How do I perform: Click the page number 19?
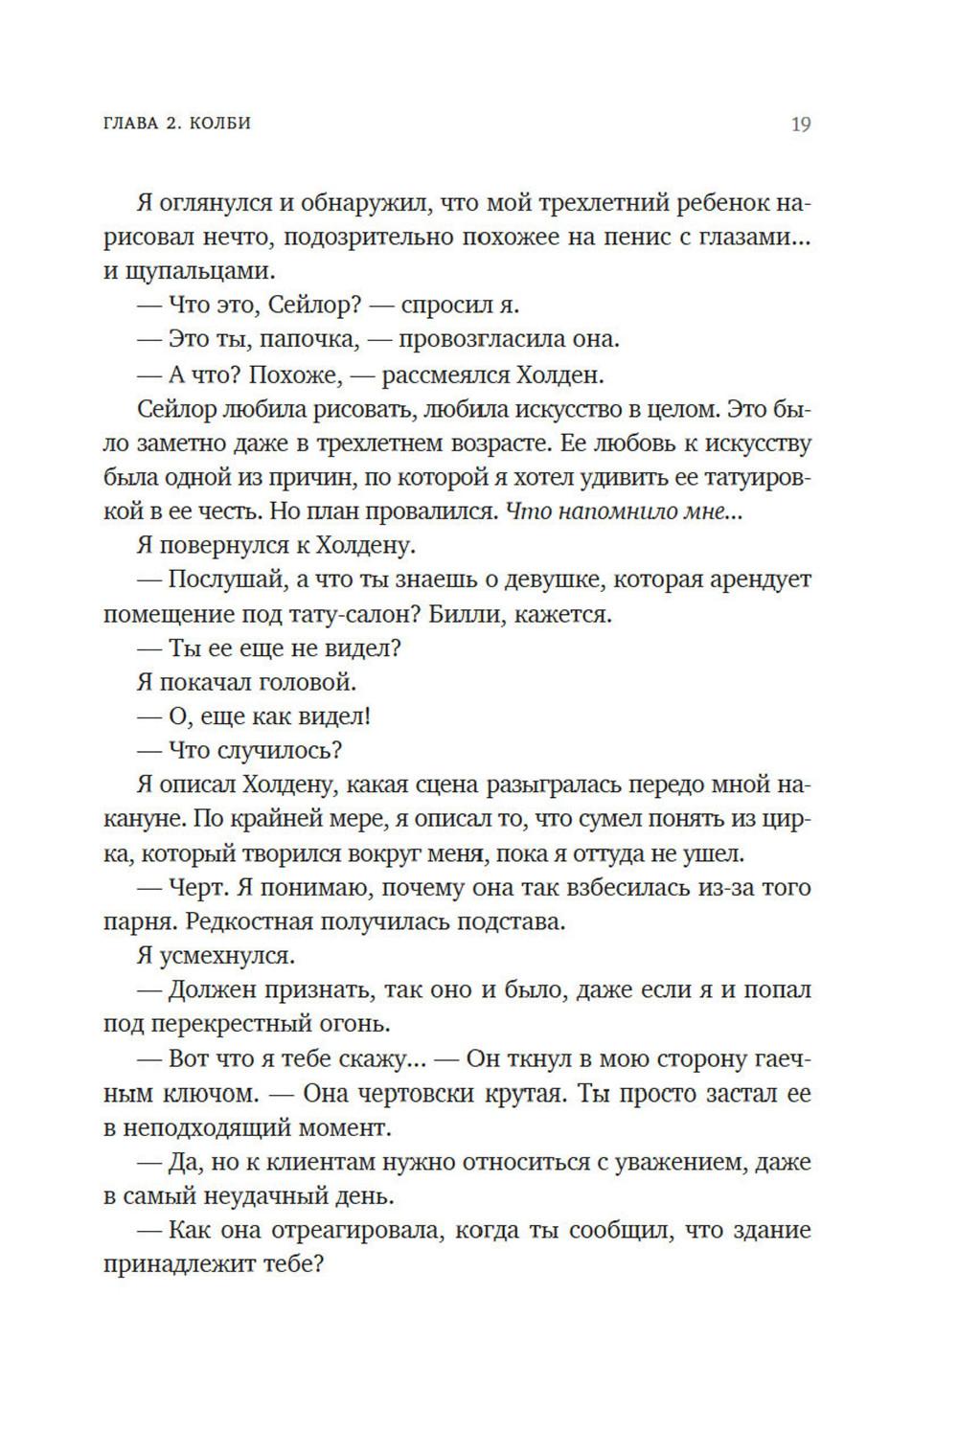coord(800,125)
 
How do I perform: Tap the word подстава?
coord(509,922)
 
